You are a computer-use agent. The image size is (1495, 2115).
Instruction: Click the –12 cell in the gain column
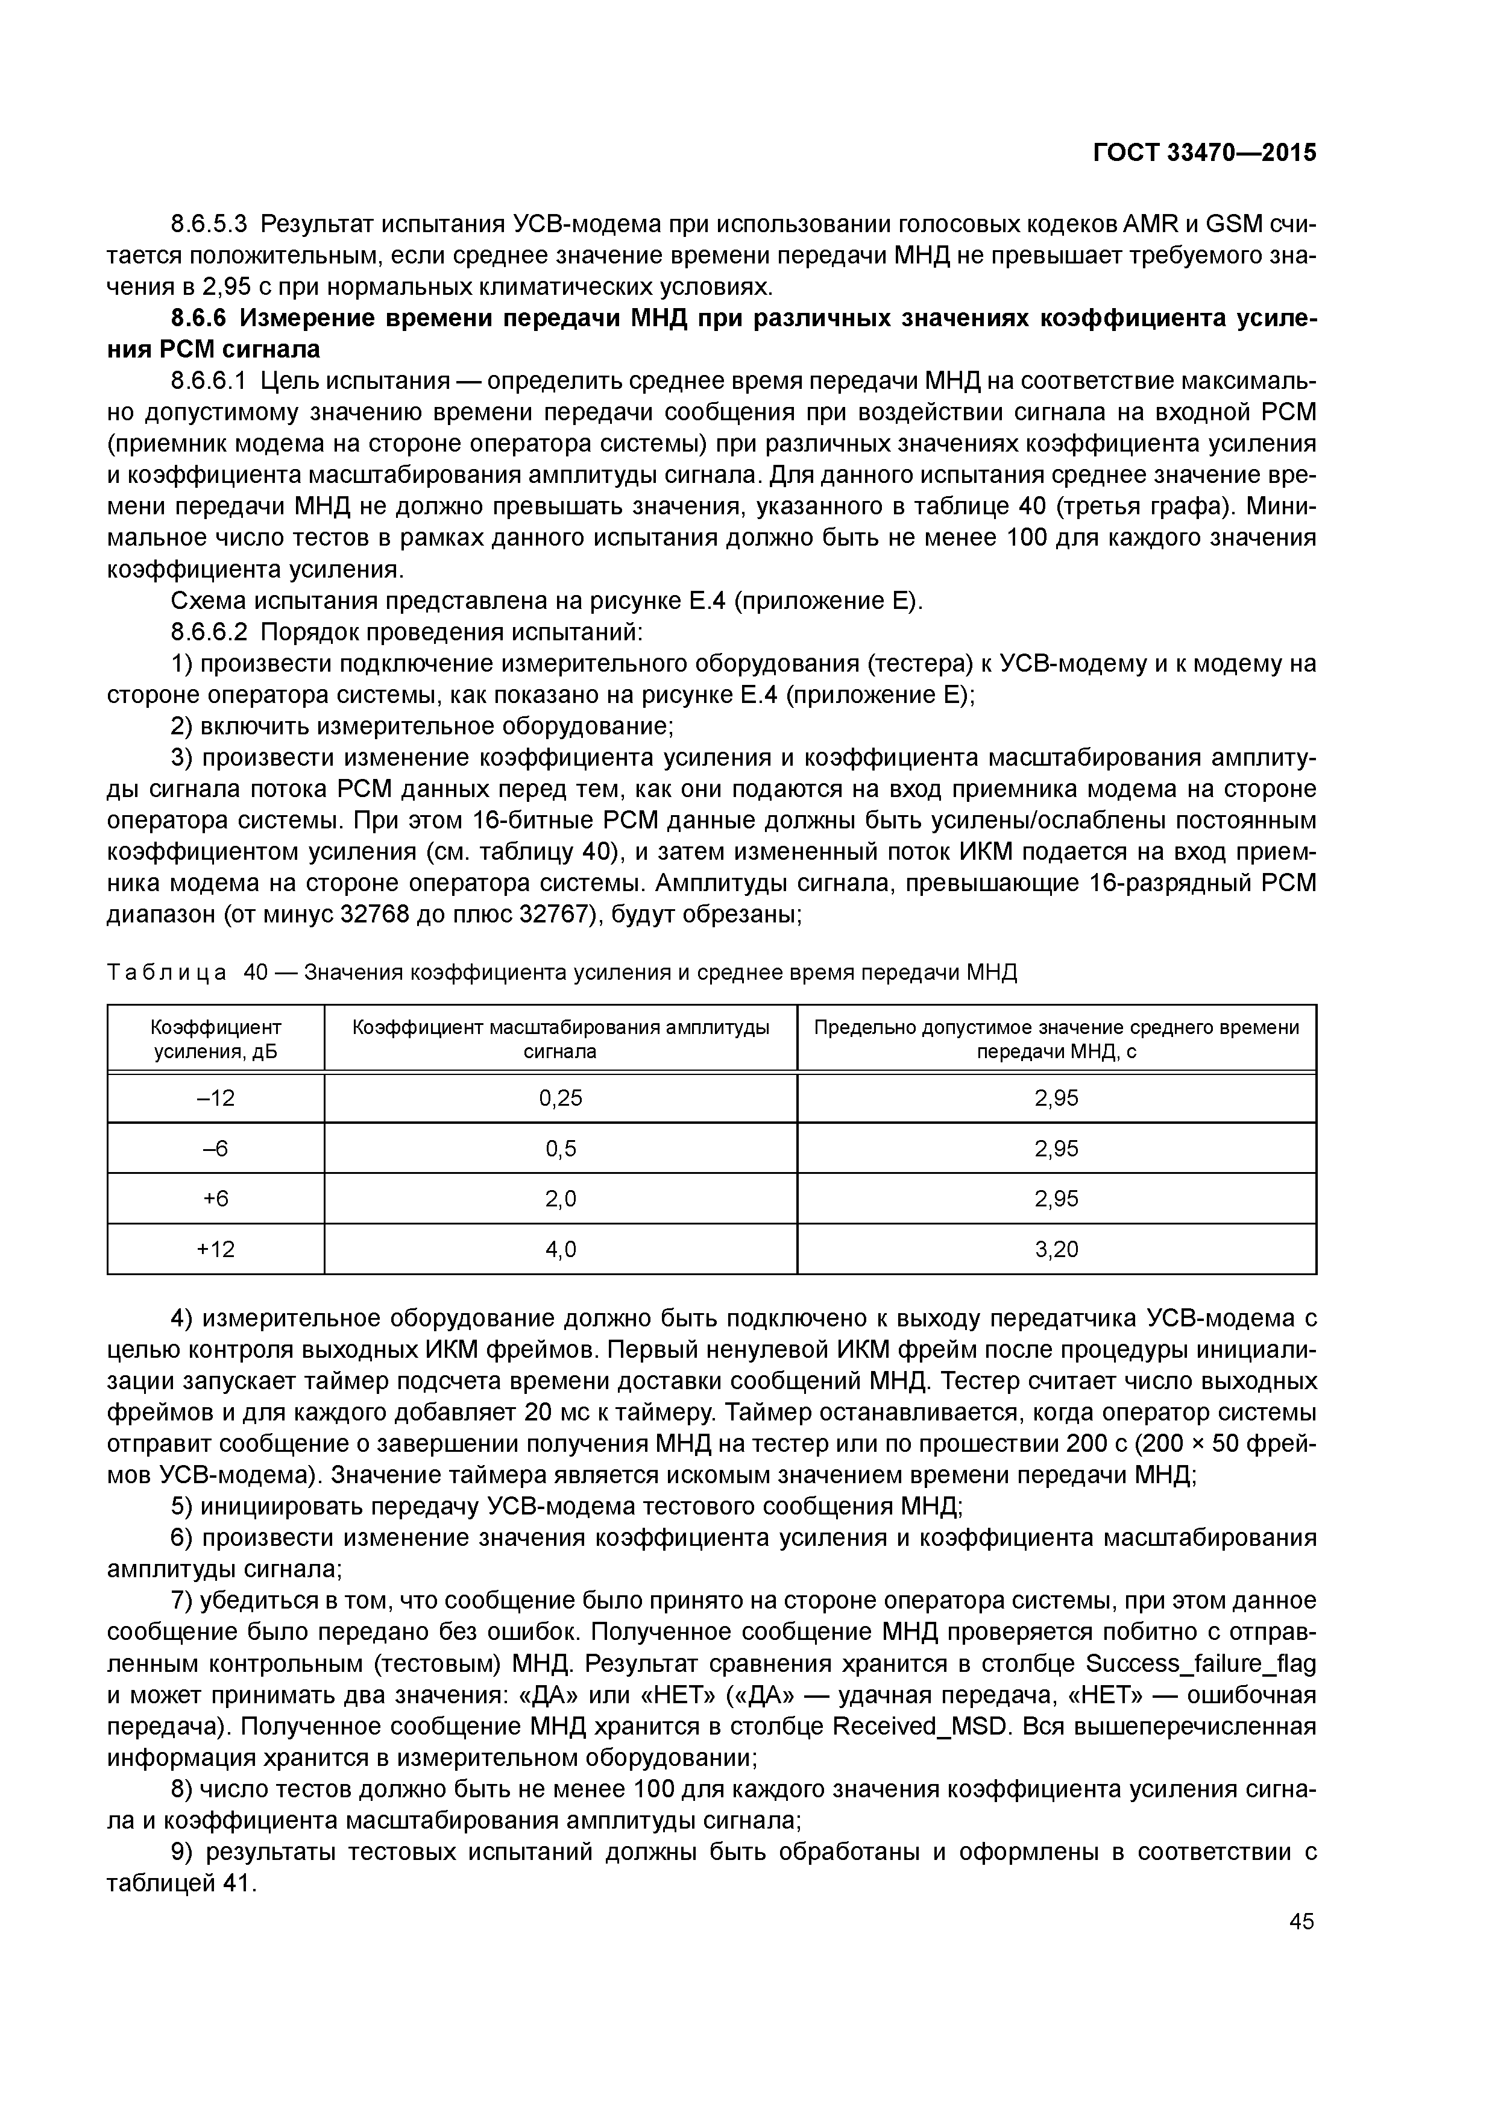216,1098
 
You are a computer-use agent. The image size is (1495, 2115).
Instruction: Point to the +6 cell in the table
216,1199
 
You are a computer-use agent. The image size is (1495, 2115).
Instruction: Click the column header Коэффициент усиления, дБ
216,1039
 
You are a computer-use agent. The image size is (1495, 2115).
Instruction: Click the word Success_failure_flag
1201,1663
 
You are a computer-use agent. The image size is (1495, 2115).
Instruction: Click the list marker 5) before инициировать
183,1507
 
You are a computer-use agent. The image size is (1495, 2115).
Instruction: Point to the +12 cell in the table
216,1249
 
